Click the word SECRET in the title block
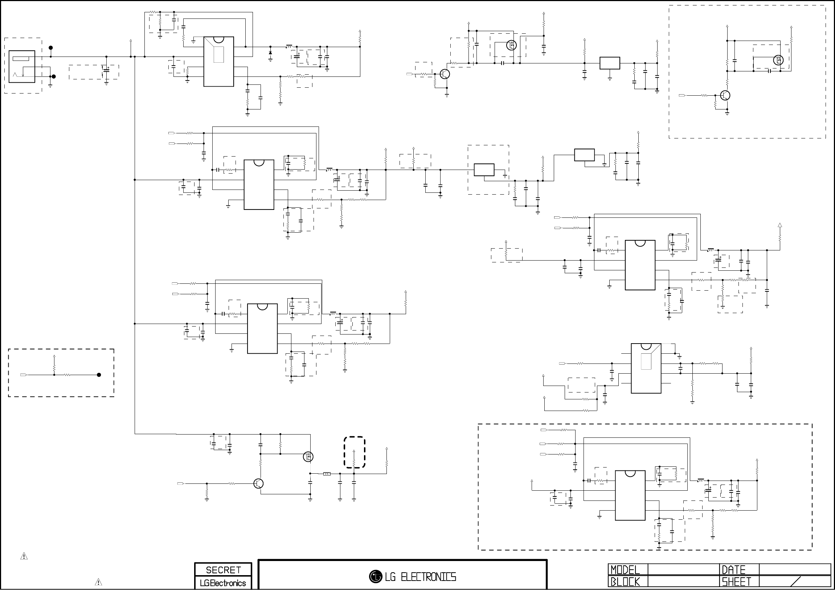(223, 570)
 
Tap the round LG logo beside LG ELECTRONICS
(375, 576)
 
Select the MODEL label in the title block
(625, 570)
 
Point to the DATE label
(733, 570)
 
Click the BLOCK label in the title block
(625, 582)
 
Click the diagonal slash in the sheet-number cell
(795, 582)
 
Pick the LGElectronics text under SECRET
(223, 583)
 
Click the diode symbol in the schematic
(270, 53)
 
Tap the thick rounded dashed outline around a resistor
(355, 452)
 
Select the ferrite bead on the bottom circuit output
(327, 474)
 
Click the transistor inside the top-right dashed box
(725, 96)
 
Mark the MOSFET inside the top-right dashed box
(778, 60)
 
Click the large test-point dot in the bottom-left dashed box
(99, 375)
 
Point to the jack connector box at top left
(22, 66)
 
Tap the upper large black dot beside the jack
(50, 47)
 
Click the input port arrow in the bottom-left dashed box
(24, 375)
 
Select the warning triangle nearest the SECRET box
(98, 582)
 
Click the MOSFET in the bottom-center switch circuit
(308, 457)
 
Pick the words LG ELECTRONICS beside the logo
(421, 577)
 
